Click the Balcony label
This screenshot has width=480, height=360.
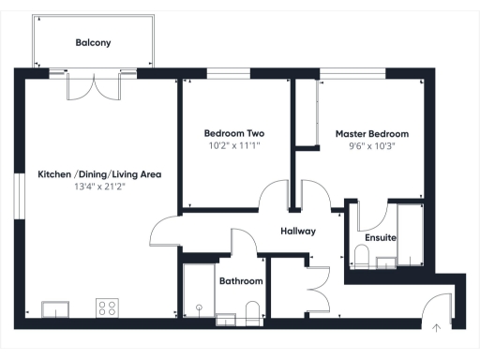click(94, 42)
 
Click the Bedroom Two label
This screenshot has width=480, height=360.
click(234, 134)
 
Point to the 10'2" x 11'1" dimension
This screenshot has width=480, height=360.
click(234, 146)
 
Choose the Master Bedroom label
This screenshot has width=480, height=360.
click(372, 134)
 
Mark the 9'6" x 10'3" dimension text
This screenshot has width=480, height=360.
click(372, 146)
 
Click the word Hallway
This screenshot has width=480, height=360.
click(297, 231)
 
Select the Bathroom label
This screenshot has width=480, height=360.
click(241, 280)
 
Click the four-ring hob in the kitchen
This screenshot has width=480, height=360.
click(107, 307)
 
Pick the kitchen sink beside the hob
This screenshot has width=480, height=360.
click(54, 307)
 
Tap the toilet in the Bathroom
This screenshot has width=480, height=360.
click(251, 311)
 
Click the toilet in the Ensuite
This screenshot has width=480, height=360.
click(361, 256)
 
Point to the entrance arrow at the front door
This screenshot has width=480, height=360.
click(437, 327)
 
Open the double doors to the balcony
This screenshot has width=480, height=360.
click(94, 86)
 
